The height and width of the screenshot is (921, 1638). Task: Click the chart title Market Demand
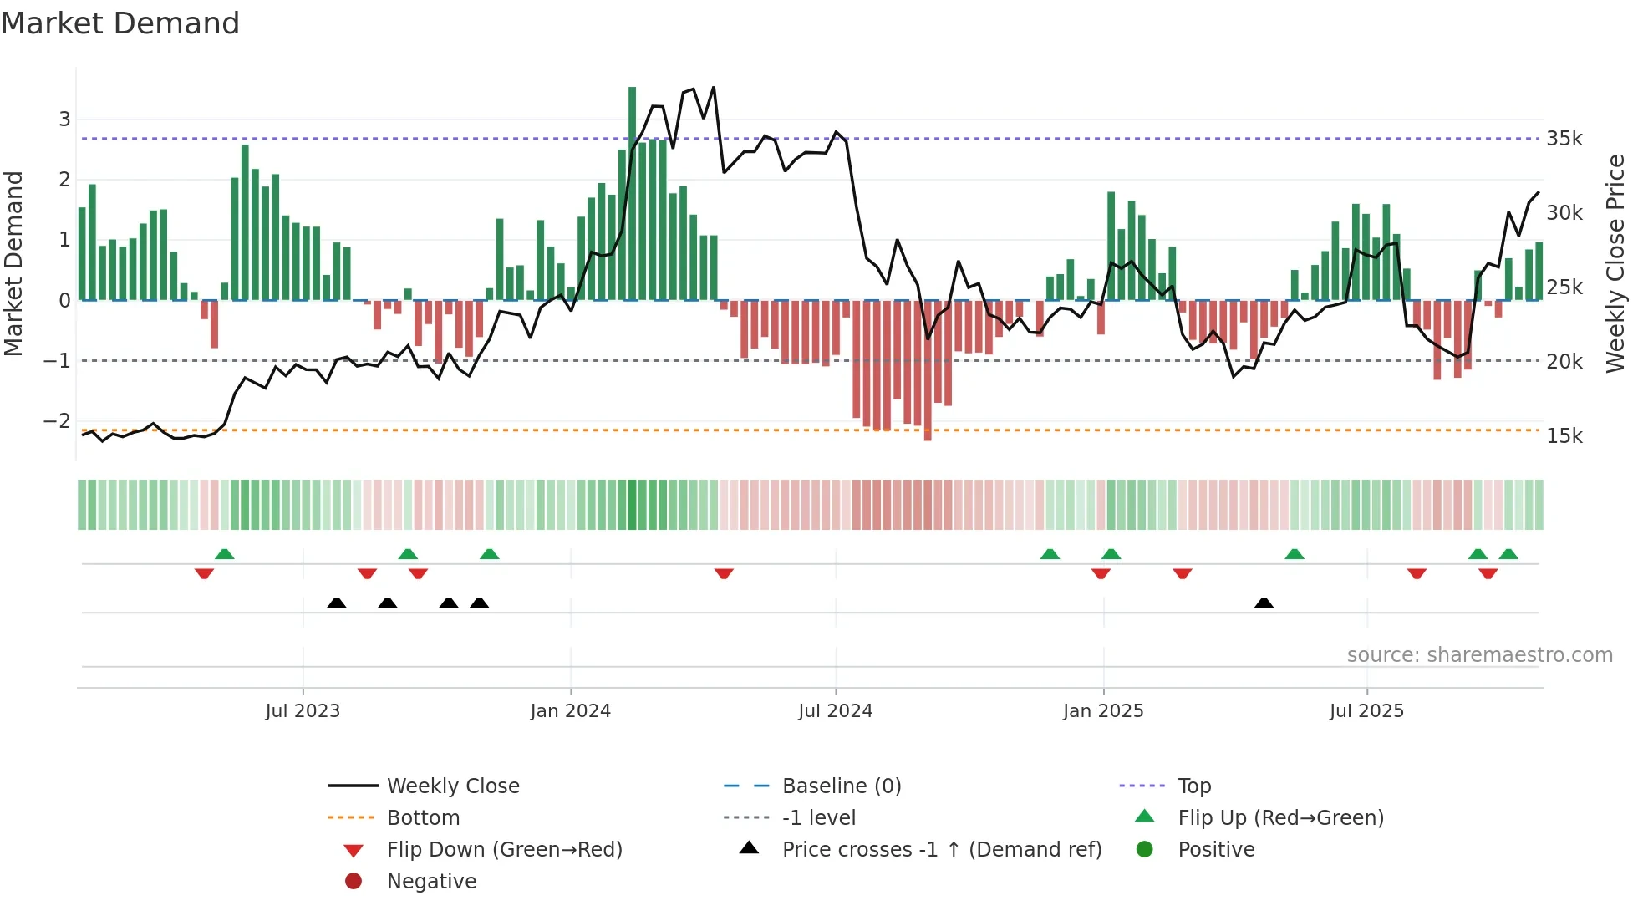tap(120, 23)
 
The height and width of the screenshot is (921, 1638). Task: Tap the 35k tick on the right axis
tap(1564, 139)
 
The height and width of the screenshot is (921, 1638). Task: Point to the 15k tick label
tap(1564, 436)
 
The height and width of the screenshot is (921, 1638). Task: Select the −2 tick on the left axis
tap(58, 421)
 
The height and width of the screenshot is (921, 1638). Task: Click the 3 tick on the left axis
tap(64, 120)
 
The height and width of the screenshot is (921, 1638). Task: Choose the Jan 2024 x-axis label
tap(570, 711)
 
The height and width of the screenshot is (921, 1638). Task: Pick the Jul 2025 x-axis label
tap(1366, 711)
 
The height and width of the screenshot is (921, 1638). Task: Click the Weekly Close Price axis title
tap(1615, 263)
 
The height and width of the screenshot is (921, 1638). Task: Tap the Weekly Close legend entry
tap(452, 786)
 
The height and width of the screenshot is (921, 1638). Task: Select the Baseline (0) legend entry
tap(841, 786)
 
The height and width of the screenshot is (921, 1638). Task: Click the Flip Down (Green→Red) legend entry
tap(504, 850)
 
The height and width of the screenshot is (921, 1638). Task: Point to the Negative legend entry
tap(431, 882)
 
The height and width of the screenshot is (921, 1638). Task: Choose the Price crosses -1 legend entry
tap(941, 850)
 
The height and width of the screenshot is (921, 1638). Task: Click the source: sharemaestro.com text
tap(1479, 655)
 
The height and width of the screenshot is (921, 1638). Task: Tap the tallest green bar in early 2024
tap(632, 192)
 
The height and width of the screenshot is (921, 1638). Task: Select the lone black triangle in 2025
tap(1264, 603)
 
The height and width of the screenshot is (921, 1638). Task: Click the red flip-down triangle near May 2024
tap(724, 573)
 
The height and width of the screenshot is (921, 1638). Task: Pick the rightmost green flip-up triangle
tap(1508, 554)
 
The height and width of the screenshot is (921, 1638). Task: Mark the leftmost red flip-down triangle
tap(204, 573)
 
